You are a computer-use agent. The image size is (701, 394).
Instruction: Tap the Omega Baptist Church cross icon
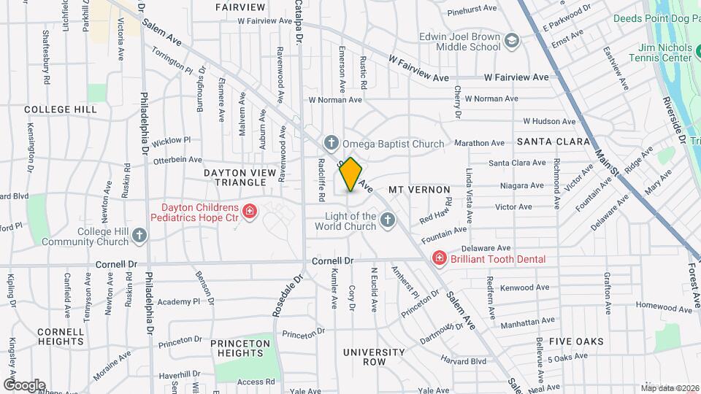pos(331,143)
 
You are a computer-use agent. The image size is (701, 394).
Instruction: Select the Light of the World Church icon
pos(388,220)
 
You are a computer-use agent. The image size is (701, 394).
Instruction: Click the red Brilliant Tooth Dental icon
pos(439,258)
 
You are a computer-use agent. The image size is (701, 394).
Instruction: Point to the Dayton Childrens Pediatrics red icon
pos(250,212)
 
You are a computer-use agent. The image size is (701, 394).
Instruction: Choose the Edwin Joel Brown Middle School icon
pos(512,42)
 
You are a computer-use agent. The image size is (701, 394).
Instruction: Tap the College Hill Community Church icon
pos(139,236)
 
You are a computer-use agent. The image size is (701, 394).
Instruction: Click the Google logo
pos(23,385)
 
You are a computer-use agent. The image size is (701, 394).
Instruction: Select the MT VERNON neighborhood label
pos(419,190)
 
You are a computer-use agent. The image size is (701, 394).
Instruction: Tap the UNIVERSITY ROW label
pos(375,357)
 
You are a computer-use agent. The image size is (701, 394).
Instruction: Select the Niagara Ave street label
pos(522,185)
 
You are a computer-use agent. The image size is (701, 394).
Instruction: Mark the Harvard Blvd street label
pos(463,360)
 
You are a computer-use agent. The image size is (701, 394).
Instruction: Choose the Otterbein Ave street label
pos(177,159)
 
